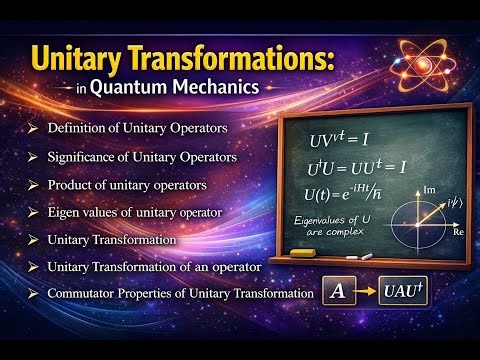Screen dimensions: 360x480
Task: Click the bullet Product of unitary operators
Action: tap(127, 185)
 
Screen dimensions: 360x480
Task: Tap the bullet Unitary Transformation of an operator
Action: tap(154, 266)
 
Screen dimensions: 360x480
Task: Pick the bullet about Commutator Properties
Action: tap(176, 293)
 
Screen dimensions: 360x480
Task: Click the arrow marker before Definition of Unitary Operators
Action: tap(33, 128)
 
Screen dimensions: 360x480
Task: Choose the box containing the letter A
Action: tap(337, 294)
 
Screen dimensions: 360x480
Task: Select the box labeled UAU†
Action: tap(405, 293)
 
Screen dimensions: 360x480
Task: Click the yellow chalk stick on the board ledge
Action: tap(302, 254)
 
